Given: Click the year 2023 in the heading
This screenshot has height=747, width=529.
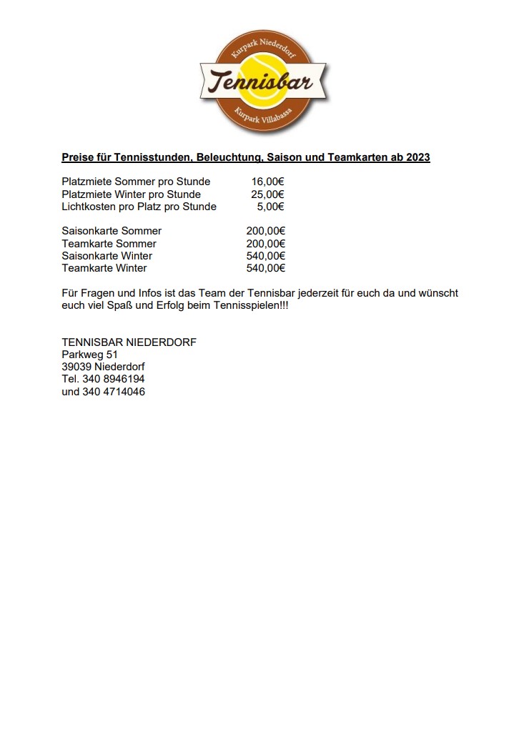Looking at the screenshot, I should [417, 157].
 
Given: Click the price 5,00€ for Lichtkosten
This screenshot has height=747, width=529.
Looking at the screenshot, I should [270, 207].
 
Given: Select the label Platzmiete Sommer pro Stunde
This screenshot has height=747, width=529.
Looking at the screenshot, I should [136, 182].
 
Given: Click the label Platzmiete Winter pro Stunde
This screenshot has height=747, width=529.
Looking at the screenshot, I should [132, 194].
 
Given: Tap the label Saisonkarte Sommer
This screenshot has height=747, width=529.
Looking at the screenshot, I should [112, 231].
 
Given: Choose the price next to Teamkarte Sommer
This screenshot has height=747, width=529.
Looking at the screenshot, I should [265, 244].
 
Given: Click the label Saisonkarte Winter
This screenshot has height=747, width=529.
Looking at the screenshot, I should [107, 256].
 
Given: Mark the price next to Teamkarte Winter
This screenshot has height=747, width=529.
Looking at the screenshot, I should [265, 268].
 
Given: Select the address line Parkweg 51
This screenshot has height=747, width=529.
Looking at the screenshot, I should [90, 355].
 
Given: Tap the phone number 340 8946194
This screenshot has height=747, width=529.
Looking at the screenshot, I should [113, 379].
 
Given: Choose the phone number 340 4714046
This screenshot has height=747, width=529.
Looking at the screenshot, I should [114, 392].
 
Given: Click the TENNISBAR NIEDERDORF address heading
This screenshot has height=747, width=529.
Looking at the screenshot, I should [129, 342].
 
